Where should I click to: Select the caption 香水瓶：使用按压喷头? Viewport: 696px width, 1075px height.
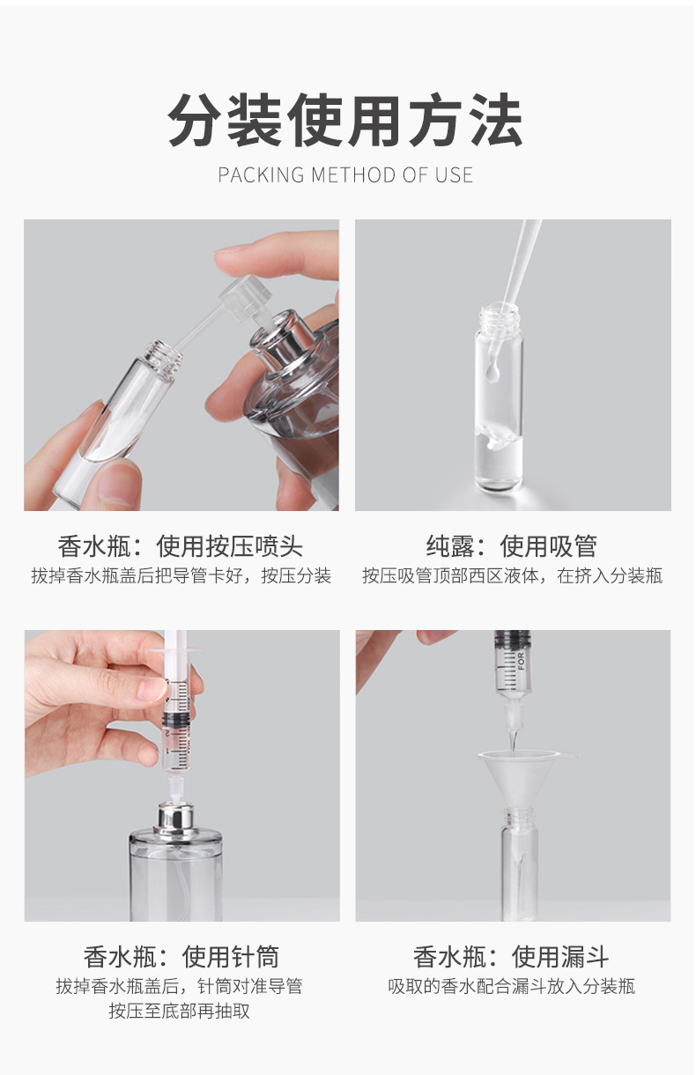(x=181, y=546)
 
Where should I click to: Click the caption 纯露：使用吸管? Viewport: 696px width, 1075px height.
(x=512, y=546)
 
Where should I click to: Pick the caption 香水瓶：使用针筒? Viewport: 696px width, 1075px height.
(x=181, y=956)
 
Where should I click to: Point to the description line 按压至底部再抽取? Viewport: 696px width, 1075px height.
(x=180, y=1011)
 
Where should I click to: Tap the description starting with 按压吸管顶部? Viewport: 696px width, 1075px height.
(x=512, y=576)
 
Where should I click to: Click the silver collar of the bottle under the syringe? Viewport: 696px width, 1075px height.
(x=176, y=818)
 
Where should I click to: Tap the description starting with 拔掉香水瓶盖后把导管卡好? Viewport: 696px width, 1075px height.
(x=181, y=576)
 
